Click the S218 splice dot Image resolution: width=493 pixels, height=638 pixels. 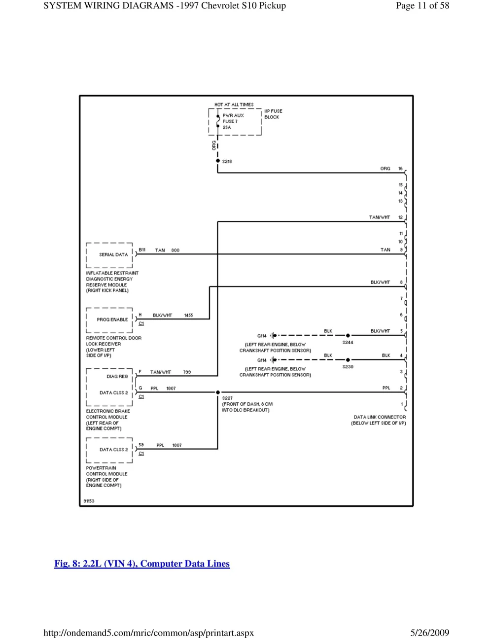(x=218, y=161)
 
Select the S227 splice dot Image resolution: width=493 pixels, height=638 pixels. (x=218, y=392)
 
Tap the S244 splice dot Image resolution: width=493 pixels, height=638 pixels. (x=348, y=336)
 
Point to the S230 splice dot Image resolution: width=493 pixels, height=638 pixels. (x=348, y=360)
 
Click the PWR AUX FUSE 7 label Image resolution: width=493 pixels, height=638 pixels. (x=233, y=121)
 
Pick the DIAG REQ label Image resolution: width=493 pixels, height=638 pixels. (x=117, y=377)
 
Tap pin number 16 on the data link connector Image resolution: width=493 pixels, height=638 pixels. (x=400, y=169)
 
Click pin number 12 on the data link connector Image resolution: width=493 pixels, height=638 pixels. (x=400, y=217)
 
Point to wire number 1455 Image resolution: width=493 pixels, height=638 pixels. (x=188, y=315)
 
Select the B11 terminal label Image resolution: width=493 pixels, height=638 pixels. (x=142, y=250)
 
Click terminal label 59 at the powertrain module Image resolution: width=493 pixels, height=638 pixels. (x=141, y=445)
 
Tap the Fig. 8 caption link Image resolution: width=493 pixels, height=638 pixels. (x=142, y=564)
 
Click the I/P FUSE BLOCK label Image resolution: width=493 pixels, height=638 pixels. (x=273, y=114)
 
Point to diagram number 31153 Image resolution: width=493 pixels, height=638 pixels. (x=89, y=501)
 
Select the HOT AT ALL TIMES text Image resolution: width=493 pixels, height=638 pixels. (x=234, y=105)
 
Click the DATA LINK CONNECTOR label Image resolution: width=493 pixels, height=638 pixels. (x=379, y=417)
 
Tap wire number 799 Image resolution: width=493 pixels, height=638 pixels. (x=187, y=372)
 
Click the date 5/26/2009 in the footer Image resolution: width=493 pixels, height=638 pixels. (x=429, y=633)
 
